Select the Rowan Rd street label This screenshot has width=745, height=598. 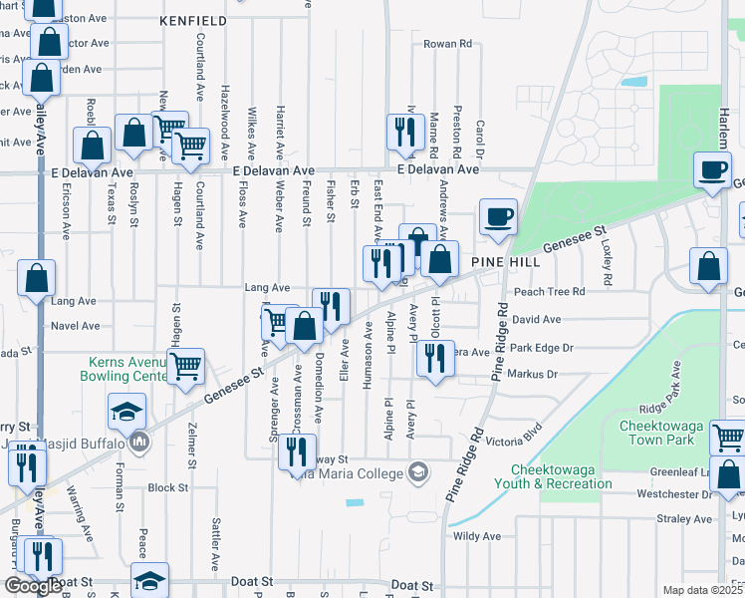pos(447,44)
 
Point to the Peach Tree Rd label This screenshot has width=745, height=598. pos(549,291)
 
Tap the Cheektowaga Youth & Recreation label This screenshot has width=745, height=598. pos(562,476)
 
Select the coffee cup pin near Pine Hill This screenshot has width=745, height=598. pos(498,216)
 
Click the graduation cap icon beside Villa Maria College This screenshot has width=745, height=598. pos(421,471)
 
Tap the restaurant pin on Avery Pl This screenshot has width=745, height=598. pos(432,359)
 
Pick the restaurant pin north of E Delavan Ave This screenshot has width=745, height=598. pos(404,132)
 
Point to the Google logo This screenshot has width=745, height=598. pos(33,585)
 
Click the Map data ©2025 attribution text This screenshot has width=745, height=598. pos(701,590)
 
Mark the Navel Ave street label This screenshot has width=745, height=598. pos(76,326)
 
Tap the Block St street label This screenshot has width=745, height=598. pos(167,488)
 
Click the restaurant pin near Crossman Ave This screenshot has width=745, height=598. pos(297,451)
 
